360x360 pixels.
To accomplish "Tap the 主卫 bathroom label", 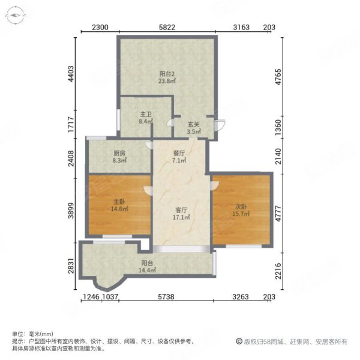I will (145, 114).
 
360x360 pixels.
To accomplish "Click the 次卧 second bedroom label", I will (241, 206).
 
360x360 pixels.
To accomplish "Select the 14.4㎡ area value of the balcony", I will (149, 271).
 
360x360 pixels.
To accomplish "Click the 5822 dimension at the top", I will (167, 27).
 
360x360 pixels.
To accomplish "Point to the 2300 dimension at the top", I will (100, 27).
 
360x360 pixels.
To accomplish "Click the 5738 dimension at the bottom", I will (161, 297).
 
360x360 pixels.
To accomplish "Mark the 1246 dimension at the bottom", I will (90, 297).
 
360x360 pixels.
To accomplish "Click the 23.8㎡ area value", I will (166, 81).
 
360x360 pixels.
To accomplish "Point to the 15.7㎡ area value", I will (241, 214).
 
